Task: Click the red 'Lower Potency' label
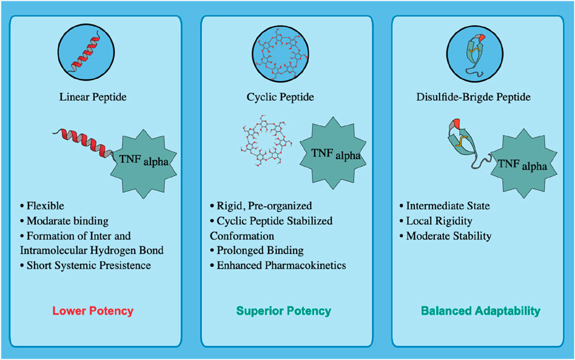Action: pyautogui.click(x=93, y=311)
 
